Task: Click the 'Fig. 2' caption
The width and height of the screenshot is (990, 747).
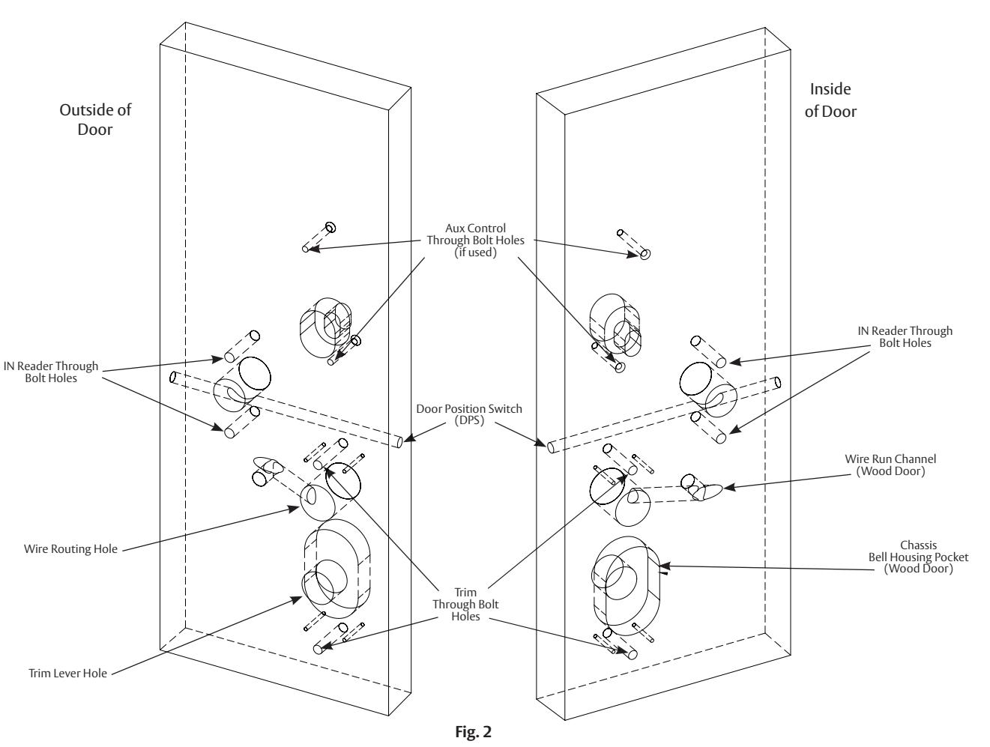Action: (x=473, y=731)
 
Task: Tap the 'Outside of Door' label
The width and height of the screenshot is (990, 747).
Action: (x=95, y=119)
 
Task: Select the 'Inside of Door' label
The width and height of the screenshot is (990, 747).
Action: (x=830, y=100)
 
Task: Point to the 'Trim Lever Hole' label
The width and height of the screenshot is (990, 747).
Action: (x=67, y=673)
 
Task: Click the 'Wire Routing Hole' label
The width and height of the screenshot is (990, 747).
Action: (x=70, y=548)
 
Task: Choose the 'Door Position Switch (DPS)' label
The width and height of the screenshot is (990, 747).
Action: (x=468, y=414)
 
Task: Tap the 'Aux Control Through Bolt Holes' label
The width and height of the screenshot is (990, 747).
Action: (x=475, y=240)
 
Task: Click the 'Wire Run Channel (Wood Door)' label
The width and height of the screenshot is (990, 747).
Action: (x=890, y=465)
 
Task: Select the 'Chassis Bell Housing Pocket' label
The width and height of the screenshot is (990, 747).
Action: (x=918, y=557)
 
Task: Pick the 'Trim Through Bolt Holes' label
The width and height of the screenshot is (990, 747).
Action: (x=465, y=604)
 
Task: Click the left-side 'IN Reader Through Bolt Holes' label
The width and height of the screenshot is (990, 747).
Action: (x=51, y=372)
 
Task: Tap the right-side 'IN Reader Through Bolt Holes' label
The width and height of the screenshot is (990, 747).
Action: (x=905, y=336)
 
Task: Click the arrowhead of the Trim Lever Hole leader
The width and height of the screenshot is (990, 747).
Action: (x=297, y=599)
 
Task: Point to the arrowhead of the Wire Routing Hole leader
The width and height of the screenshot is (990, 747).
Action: (x=294, y=509)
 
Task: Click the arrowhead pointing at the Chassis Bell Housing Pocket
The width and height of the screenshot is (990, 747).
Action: (x=664, y=566)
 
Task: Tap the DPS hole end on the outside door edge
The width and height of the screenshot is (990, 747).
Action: (x=399, y=441)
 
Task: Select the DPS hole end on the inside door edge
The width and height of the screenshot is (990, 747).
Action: (x=551, y=447)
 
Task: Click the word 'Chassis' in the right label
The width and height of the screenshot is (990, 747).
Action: (x=918, y=545)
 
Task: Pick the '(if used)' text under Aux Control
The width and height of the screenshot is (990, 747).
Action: (x=475, y=252)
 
